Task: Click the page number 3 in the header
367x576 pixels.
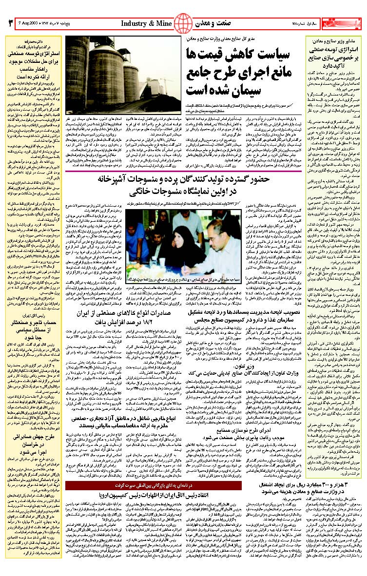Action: click(10, 23)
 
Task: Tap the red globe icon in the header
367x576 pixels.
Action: click(183, 22)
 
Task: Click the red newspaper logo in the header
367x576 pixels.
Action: click(346, 22)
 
